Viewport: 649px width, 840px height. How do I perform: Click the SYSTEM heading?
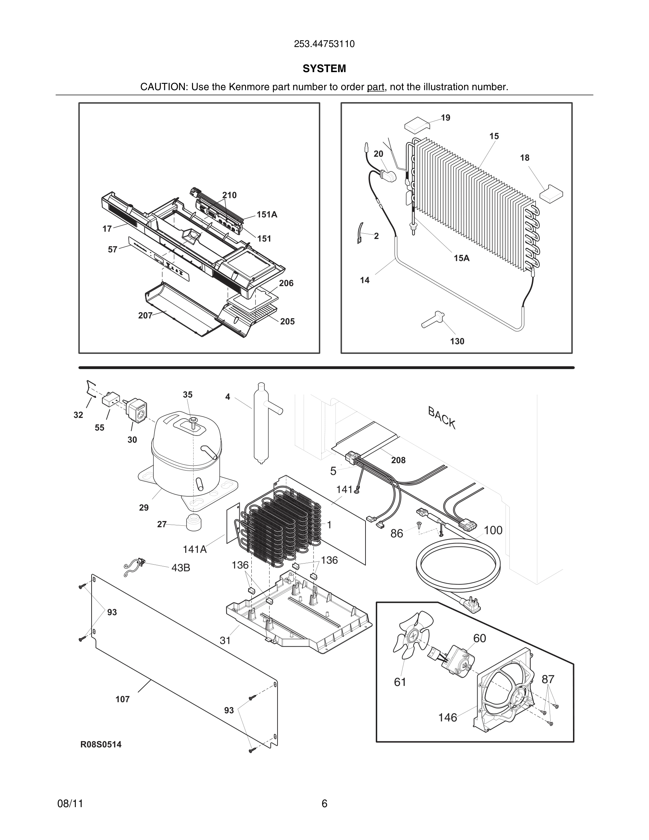324,69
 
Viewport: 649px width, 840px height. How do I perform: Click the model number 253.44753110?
324,44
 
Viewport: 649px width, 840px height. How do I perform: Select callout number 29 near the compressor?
144,508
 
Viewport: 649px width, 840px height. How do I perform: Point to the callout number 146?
448,717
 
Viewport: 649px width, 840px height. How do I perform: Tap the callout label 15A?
461,258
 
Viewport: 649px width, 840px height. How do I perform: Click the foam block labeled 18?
551,192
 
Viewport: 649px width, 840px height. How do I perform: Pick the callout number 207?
145,315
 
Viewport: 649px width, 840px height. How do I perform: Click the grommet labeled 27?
193,522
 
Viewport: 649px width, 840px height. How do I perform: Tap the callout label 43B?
181,568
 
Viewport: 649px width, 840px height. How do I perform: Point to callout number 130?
457,341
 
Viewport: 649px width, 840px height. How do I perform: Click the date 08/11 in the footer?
70,804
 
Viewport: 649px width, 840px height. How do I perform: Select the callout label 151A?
267,215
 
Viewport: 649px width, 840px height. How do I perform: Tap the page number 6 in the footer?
324,804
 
